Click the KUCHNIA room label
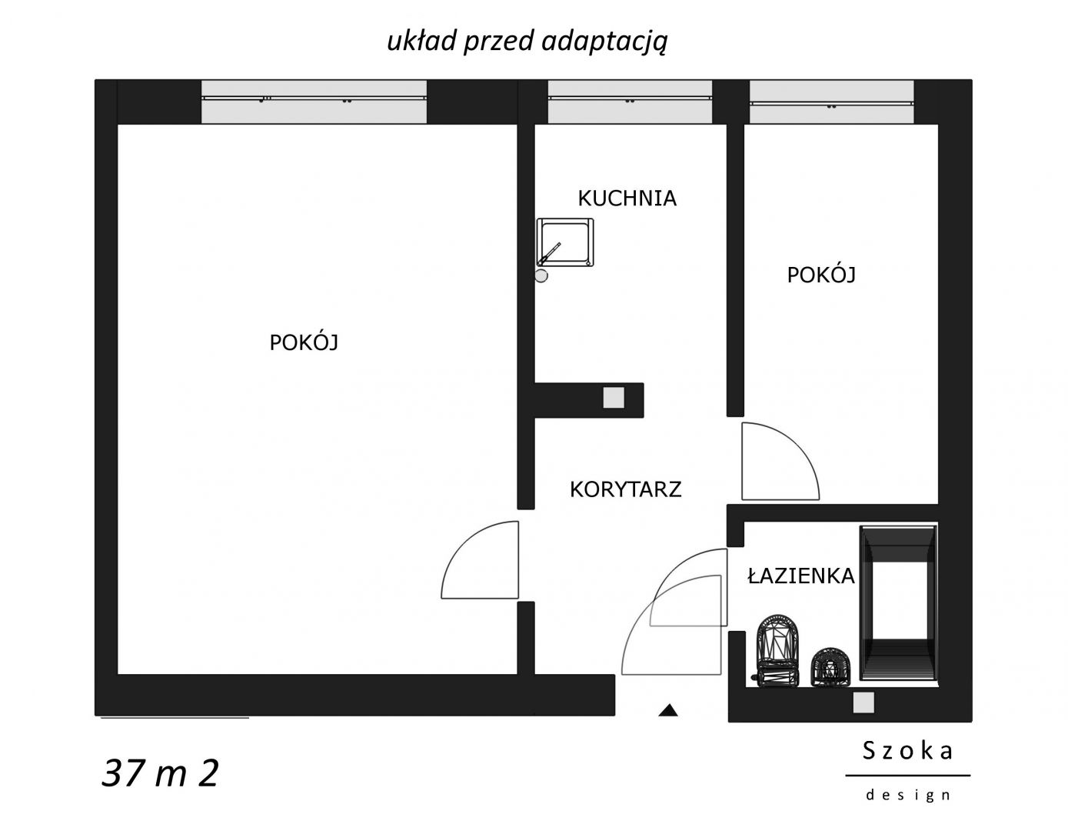(x=627, y=199)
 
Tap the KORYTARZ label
(x=626, y=489)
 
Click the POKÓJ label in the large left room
(x=304, y=342)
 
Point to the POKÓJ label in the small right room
(x=821, y=275)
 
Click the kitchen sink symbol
(x=564, y=243)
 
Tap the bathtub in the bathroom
(x=898, y=602)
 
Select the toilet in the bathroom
(x=778, y=650)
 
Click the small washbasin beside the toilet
(x=830, y=667)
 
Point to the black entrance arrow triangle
(x=668, y=710)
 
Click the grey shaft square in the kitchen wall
(x=614, y=398)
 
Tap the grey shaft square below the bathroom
(x=863, y=703)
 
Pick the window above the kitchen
(x=630, y=102)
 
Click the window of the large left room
(x=314, y=102)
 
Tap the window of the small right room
(x=832, y=102)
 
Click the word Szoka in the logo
(x=908, y=751)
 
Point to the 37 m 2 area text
(x=160, y=773)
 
